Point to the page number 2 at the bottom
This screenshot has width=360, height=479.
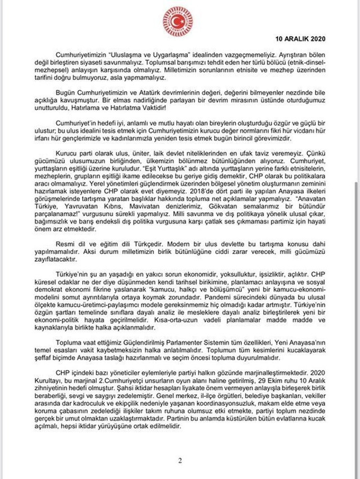tap(180, 461)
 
